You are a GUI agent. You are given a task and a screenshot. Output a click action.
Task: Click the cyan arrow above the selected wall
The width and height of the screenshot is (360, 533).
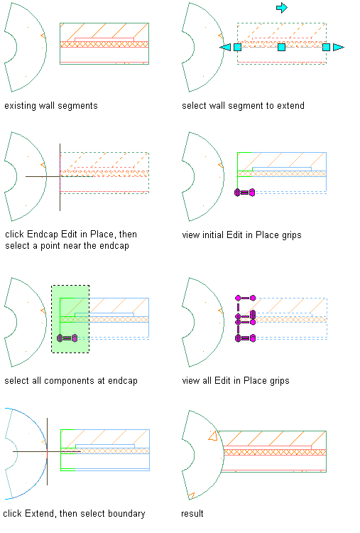282,8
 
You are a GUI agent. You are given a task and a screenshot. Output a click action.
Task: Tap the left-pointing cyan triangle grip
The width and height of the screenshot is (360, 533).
226,47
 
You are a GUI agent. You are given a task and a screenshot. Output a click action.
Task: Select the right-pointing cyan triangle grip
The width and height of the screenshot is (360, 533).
338,47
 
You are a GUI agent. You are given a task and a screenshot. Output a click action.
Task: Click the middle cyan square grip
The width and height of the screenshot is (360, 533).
282,47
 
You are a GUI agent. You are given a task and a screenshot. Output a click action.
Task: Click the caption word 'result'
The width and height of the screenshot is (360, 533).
192,513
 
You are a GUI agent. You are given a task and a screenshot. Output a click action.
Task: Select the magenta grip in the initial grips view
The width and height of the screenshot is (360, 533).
244,193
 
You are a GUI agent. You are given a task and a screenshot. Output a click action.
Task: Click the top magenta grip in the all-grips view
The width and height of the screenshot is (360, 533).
245,298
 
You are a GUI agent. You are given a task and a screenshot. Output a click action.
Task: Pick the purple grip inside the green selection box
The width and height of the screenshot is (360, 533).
67,338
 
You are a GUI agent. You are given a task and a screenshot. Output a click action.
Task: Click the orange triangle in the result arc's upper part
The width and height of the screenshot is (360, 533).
213,436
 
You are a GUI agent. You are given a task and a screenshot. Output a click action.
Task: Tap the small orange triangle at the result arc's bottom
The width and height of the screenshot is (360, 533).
192,495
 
